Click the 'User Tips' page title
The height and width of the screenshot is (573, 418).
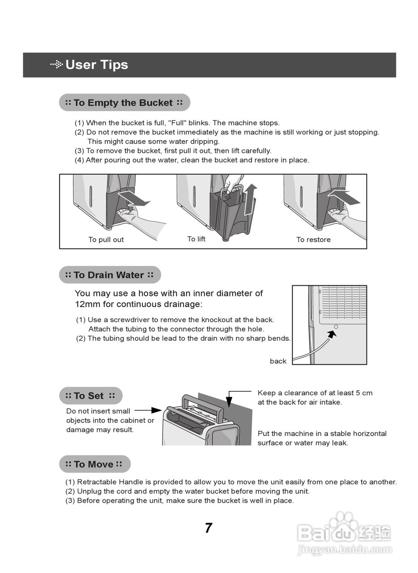(96, 65)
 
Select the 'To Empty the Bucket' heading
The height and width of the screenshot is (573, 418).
(124, 103)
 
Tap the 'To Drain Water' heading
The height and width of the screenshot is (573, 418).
(109, 275)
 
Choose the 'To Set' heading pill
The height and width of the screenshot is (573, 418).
(90, 396)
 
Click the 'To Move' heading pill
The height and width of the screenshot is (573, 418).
(94, 464)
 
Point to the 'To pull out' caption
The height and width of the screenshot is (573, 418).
(106, 240)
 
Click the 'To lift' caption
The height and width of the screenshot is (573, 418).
(196, 239)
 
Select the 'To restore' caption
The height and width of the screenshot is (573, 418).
(313, 240)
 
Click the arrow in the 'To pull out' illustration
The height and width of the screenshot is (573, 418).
(134, 198)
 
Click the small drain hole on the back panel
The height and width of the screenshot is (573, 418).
(336, 327)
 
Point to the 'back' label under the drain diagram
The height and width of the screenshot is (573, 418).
(278, 361)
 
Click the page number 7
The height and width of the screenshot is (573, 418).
(209, 528)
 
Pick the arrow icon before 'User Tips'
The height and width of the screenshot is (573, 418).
(56, 65)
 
